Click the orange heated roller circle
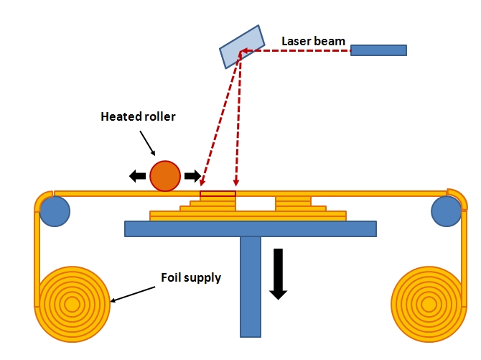(x=165, y=175)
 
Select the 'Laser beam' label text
(x=314, y=42)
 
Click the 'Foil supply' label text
(x=191, y=277)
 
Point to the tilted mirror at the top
(x=242, y=47)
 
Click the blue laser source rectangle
(x=378, y=50)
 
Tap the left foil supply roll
(x=73, y=305)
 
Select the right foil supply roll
(x=429, y=305)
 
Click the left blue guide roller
(x=55, y=211)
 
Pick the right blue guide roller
(x=446, y=211)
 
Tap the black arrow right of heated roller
(x=192, y=176)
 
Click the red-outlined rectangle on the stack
(x=218, y=194)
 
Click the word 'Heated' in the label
(x=118, y=116)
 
